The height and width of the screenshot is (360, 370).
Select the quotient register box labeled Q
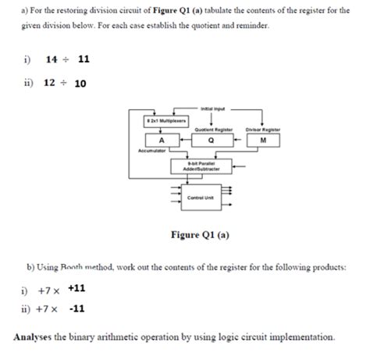tap(212, 141)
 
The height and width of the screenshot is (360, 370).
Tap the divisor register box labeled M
tap(263, 141)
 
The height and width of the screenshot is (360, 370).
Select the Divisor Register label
tap(262, 129)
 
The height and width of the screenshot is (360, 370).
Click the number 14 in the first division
tap(52, 59)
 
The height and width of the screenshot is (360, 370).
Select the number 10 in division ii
tap(80, 84)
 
